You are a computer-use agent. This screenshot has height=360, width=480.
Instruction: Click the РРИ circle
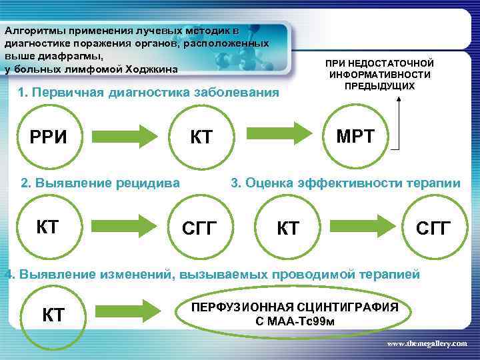pyautogui.click(x=49, y=137)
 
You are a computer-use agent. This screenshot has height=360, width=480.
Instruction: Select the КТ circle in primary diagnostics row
pyautogui.click(x=201, y=137)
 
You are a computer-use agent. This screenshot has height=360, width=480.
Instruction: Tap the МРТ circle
pyautogui.click(x=355, y=137)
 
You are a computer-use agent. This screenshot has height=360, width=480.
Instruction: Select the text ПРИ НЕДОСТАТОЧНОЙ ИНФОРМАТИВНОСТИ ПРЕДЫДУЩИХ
pyautogui.click(x=379, y=74)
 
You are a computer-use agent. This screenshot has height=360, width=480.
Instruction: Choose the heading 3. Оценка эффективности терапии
pyautogui.click(x=345, y=183)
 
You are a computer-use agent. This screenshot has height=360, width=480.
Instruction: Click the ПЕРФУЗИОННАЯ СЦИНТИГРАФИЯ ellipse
pyautogui.click(x=295, y=314)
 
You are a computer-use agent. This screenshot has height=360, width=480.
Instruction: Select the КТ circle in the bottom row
pyautogui.click(x=53, y=314)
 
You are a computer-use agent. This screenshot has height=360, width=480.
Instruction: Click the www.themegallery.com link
pyautogui.click(x=427, y=343)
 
